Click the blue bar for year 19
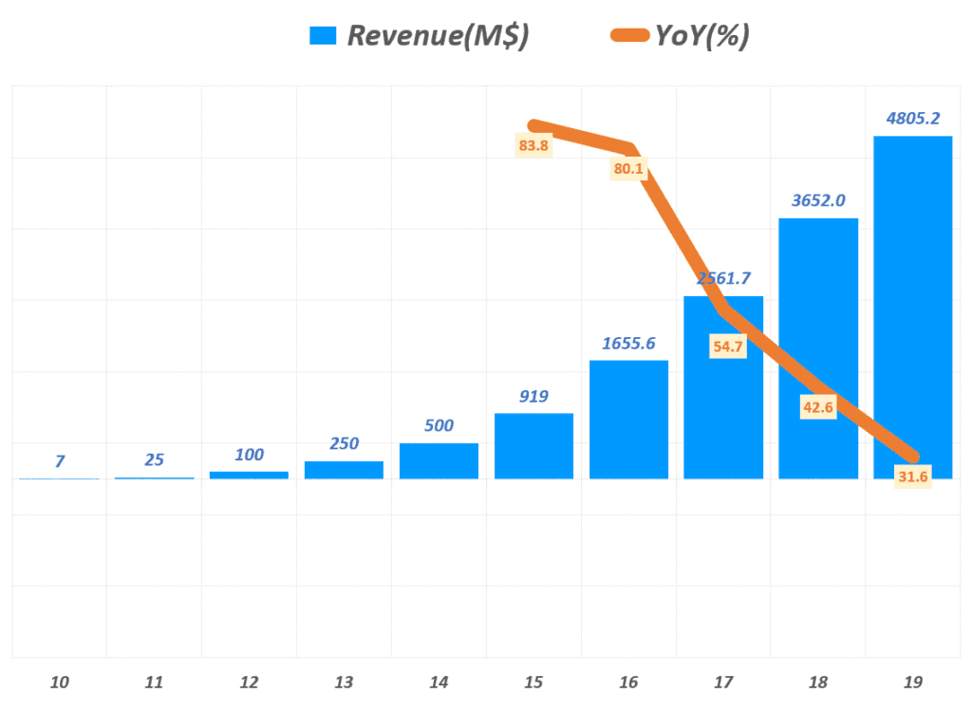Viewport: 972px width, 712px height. (x=912, y=285)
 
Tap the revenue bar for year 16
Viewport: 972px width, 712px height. (x=628, y=419)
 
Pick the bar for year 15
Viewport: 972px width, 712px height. (x=533, y=445)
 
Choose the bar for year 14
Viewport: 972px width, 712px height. (x=439, y=460)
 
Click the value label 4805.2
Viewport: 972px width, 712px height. (x=912, y=119)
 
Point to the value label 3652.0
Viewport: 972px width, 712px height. (x=818, y=200)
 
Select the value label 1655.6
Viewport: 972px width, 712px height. (x=628, y=343)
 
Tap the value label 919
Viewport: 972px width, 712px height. (x=533, y=396)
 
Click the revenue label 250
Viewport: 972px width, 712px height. (x=344, y=443)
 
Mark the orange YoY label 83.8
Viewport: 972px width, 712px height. (x=533, y=146)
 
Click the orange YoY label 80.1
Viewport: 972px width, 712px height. (x=628, y=170)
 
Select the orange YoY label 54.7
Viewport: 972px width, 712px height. (x=728, y=347)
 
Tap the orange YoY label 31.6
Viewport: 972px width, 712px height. (x=912, y=477)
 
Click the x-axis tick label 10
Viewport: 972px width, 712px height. (x=59, y=683)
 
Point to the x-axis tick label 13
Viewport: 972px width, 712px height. (x=344, y=683)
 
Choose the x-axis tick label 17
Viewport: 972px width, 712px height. (x=723, y=683)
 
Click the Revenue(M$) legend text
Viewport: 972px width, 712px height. (x=438, y=36)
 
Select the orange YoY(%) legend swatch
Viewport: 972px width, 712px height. (x=628, y=36)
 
